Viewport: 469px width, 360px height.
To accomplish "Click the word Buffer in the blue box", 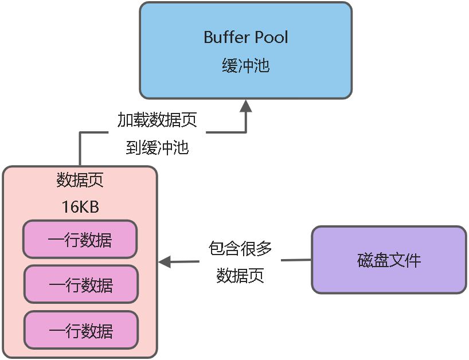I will point(226,38).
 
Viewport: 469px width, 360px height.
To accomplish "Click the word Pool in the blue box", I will point(269,38).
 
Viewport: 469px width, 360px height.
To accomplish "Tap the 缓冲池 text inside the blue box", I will point(245,66).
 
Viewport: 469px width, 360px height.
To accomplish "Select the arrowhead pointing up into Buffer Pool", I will point(246,105).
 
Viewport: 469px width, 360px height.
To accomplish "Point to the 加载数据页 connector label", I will point(157,120).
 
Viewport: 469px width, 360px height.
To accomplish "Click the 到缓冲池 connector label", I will point(157,147).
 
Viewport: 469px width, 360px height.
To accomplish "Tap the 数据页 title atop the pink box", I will point(80,180).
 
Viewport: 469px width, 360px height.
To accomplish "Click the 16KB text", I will point(80,206).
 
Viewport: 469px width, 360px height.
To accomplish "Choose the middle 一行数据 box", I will point(80,284).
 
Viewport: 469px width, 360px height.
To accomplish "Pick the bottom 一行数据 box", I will point(80,330).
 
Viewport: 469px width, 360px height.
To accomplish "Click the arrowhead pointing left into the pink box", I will point(164,262).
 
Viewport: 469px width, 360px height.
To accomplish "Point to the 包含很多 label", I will point(240,248).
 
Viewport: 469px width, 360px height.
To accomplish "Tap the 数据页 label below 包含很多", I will point(240,276).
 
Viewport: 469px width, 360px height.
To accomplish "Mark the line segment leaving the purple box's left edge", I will point(297,260).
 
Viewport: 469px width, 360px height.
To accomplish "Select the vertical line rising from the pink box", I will point(80,150).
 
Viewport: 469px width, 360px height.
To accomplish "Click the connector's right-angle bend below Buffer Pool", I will point(246,132).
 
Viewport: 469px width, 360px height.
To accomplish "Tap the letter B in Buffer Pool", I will point(208,38).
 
